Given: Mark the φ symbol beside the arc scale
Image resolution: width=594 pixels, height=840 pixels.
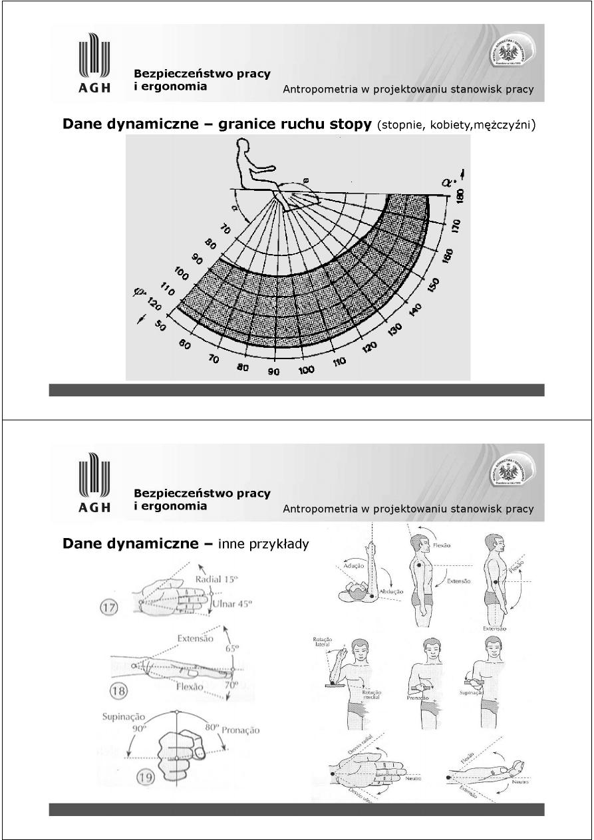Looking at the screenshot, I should click(139, 292).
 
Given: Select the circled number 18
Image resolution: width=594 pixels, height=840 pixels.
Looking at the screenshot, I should click(120, 691).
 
